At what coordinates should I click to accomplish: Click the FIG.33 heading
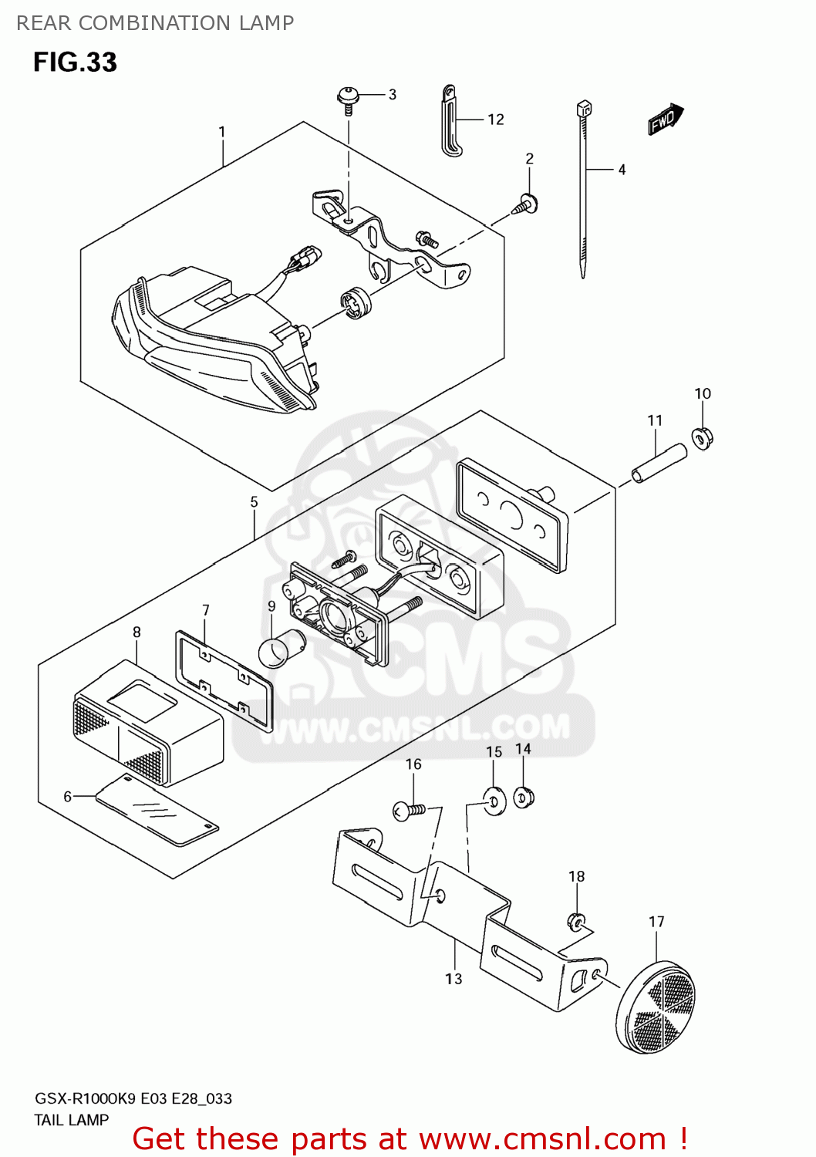click(76, 62)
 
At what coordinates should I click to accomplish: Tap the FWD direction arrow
click(666, 120)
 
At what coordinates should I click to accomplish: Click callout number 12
click(496, 120)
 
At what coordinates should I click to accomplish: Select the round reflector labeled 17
click(656, 1007)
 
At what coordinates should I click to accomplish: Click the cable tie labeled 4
click(583, 188)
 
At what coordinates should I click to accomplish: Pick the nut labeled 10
click(703, 439)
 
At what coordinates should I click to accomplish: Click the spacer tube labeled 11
click(659, 464)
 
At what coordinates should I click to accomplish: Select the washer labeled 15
click(494, 801)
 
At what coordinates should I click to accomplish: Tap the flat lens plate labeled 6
click(157, 811)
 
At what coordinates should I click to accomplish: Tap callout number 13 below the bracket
click(454, 979)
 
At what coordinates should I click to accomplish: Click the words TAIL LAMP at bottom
click(71, 1120)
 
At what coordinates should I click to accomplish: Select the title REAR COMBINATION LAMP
click(155, 23)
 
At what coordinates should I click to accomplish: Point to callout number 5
click(254, 501)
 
